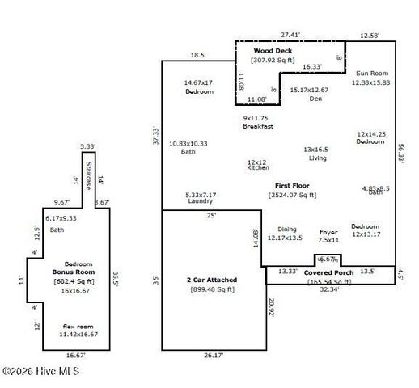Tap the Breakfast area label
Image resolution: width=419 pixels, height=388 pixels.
(258, 127)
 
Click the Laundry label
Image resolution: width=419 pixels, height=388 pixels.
(201, 200)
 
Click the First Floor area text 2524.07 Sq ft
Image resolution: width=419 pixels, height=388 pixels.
(293, 195)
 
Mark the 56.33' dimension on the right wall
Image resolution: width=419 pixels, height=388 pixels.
(401, 154)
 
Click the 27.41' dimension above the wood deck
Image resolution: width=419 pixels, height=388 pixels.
(290, 35)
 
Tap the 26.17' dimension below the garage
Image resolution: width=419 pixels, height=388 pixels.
(212, 354)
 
